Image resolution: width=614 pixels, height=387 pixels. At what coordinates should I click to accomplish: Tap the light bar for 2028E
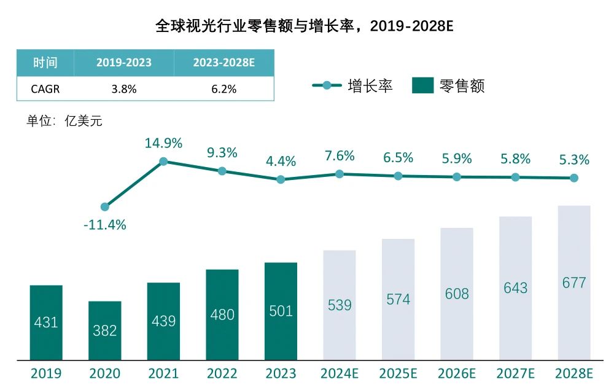pos(574,283)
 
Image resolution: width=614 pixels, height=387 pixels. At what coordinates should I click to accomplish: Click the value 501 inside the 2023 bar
pos(281,311)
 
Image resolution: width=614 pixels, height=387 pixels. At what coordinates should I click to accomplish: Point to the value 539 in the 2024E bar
pos(340,305)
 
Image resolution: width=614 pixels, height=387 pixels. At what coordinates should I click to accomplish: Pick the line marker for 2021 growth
pos(163,162)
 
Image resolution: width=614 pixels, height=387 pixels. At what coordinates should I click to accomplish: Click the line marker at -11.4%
pos(105,207)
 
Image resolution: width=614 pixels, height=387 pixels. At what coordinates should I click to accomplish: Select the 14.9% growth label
pos(163,144)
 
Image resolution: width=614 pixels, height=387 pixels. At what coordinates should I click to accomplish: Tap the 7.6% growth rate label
pos(339,156)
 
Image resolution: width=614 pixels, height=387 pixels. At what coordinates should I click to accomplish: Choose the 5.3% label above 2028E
pos(573,160)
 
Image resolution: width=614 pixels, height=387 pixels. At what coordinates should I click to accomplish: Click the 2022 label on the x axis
pos(222,373)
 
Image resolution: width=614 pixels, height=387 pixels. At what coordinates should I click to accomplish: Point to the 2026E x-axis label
pos(457,373)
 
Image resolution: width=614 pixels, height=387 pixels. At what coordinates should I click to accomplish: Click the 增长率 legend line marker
pos(327,85)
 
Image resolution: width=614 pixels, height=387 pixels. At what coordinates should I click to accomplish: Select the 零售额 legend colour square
pos(423,85)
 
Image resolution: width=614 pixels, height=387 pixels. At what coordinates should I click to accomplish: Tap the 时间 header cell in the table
pos(45,63)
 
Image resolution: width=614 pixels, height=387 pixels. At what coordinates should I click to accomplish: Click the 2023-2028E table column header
pos(223,63)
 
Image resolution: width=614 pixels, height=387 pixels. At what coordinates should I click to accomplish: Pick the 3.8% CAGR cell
pos(123,89)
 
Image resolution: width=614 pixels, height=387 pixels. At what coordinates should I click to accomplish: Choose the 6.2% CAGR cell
pos(223,89)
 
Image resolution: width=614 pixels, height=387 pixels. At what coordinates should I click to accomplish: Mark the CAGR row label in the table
pos(45,89)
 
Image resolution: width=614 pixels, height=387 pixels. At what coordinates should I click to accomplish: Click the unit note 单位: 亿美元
pos(64,121)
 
